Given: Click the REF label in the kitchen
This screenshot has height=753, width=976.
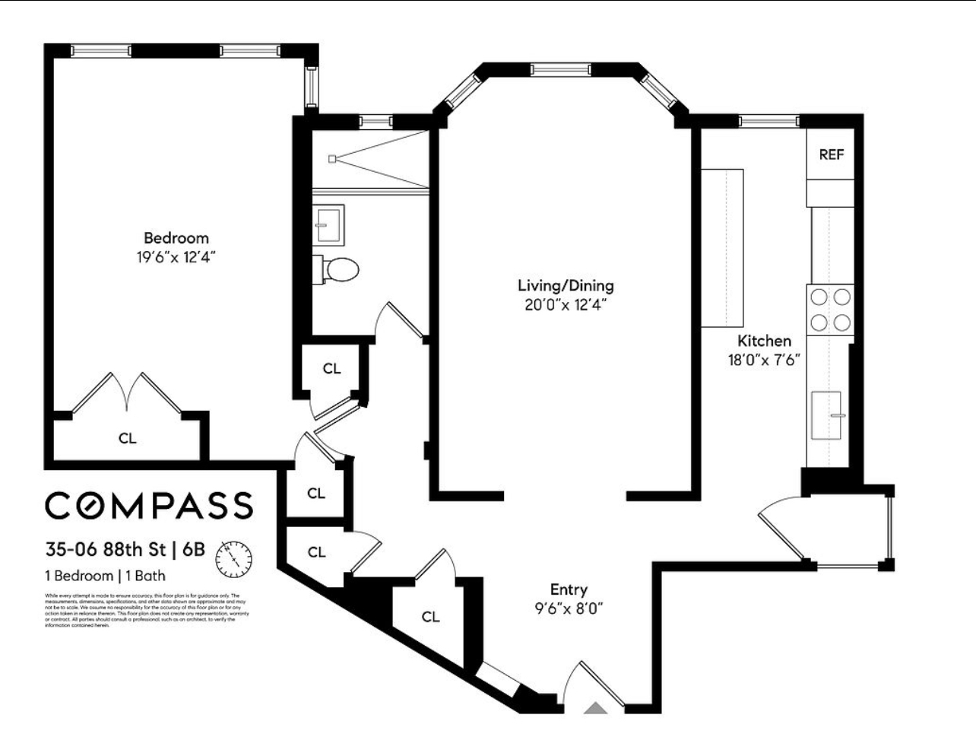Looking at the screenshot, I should click(832, 154).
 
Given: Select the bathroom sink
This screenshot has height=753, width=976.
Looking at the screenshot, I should click(329, 224).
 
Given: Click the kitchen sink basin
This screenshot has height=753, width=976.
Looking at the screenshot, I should click(826, 415).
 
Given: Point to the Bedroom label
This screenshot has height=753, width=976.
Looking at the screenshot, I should click(176, 238).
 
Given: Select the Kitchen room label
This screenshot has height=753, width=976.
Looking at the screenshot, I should click(764, 341).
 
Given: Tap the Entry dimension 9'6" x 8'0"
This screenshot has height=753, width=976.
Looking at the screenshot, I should click(569, 608).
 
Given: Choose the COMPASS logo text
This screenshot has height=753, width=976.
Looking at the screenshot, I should click(149, 505).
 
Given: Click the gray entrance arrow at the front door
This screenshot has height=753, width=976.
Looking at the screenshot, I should click(595, 708).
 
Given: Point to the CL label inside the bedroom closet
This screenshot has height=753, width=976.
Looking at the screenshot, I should click(128, 438).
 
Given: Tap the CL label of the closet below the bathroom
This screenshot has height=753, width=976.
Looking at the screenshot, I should click(331, 369).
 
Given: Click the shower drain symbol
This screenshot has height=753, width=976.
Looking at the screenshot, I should click(332, 158).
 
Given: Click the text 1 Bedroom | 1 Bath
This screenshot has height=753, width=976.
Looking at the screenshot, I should click(106, 576).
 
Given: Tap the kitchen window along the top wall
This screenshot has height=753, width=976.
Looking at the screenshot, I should click(768, 119).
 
